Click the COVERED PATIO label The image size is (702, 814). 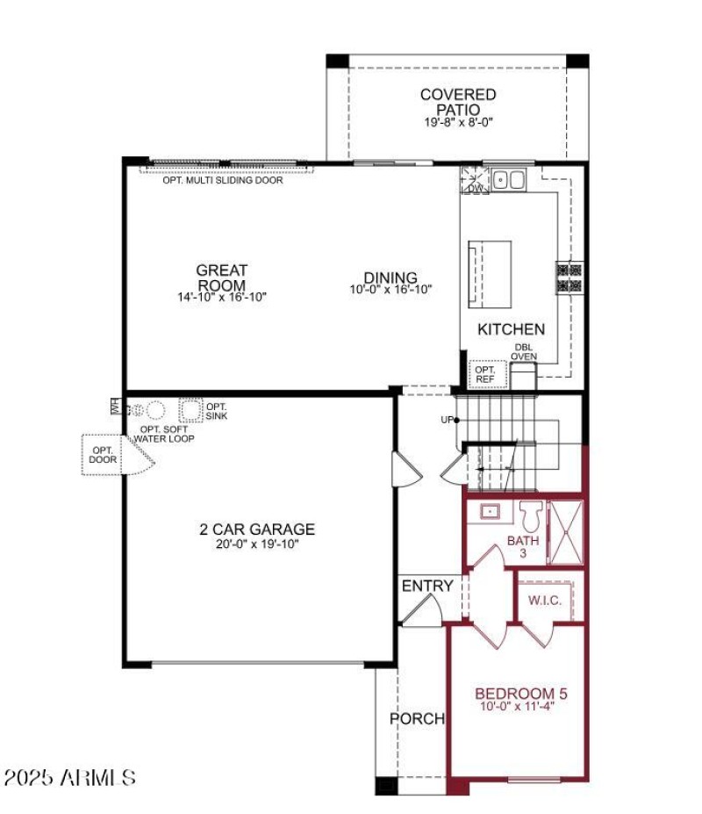pyautogui.click(x=457, y=101)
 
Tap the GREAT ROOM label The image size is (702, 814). pyautogui.click(x=221, y=277)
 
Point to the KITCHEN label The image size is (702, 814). pyautogui.click(x=511, y=329)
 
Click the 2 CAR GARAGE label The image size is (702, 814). pyautogui.click(x=256, y=529)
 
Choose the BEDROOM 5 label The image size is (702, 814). pyautogui.click(x=517, y=692)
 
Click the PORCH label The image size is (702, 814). pyautogui.click(x=417, y=718)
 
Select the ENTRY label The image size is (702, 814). pyautogui.click(x=427, y=586)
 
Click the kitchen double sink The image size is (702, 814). pyautogui.click(x=507, y=180)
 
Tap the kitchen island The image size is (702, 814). pyautogui.click(x=492, y=273)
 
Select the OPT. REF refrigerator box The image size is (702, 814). pyautogui.click(x=485, y=375)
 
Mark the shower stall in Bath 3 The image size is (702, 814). pyautogui.click(x=566, y=532)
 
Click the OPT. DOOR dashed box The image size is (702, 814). pyautogui.click(x=101, y=455)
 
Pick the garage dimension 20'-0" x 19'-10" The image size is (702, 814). pyautogui.click(x=256, y=544)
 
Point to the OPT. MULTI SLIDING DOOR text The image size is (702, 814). pyautogui.click(x=223, y=181)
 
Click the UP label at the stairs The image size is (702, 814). pyautogui.click(x=447, y=420)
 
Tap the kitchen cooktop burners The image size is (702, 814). pyautogui.click(x=569, y=277)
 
